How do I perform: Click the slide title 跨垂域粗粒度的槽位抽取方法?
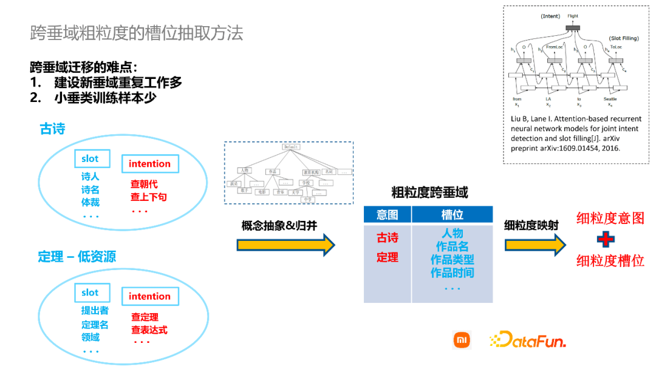[137, 33]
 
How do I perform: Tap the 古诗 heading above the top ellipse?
[52, 129]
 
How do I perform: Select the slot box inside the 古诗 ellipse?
[90, 159]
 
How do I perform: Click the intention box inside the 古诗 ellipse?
[149, 164]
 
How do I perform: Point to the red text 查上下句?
[148, 197]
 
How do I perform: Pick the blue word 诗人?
[90, 177]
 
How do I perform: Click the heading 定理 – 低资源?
[77, 257]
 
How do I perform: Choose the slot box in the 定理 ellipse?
[90, 293]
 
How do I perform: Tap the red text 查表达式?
[149, 330]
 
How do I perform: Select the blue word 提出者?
[95, 311]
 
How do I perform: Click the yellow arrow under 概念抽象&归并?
[285, 245]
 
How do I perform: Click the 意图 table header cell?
[387, 214]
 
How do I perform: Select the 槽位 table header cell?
[452, 214]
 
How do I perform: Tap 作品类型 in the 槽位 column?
[452, 260]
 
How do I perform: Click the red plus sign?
[605, 239]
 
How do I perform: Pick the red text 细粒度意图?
[610, 218]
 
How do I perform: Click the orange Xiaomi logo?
[462, 340]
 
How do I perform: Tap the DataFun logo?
[528, 340]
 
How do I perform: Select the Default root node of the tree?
[291, 147]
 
